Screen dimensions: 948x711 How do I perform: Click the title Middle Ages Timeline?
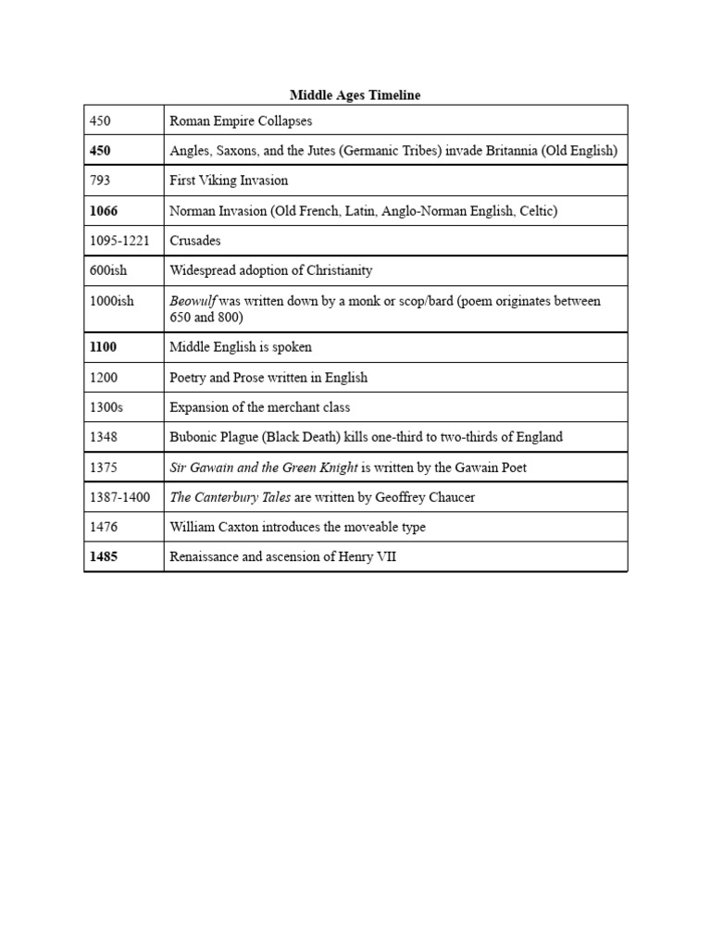point(355,95)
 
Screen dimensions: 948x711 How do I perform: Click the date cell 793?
point(99,181)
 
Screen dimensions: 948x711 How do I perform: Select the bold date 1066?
point(104,211)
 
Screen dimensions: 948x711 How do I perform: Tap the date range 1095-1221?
point(119,241)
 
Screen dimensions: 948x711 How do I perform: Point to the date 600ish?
point(109,270)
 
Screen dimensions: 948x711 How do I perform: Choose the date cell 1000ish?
point(112,301)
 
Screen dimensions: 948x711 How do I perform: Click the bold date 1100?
point(104,347)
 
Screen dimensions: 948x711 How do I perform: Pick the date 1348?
point(103,437)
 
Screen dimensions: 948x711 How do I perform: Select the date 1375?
point(103,468)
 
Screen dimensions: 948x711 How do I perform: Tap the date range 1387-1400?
point(119,497)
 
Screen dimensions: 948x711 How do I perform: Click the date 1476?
point(103,527)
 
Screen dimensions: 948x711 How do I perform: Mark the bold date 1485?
point(104,557)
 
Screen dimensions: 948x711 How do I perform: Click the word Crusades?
point(195,241)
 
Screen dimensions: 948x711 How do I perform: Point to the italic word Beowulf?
point(193,301)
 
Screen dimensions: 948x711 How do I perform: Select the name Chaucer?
point(451,497)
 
